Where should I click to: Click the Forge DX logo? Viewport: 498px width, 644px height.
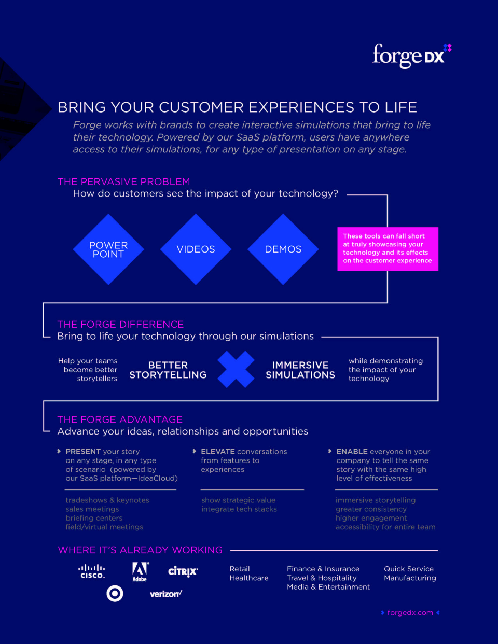(x=411, y=55)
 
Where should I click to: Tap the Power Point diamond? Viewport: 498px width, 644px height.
(x=108, y=249)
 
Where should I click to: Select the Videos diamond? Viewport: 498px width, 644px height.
(x=196, y=249)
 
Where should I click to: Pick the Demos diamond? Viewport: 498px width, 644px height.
(x=283, y=249)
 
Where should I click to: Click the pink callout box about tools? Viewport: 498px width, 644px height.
(x=388, y=249)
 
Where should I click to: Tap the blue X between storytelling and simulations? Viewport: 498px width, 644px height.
(x=236, y=369)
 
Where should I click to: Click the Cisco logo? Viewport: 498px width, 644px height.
(x=92, y=571)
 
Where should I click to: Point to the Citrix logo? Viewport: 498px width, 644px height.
(x=183, y=571)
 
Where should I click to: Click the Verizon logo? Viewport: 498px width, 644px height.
(x=166, y=594)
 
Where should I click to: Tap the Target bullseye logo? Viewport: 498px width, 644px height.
(x=115, y=593)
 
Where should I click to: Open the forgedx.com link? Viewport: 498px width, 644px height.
(x=410, y=613)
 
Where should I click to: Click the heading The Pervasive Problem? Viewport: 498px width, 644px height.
(x=123, y=181)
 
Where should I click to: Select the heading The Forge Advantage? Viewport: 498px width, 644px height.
(x=120, y=419)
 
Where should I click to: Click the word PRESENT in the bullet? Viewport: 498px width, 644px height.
(x=83, y=452)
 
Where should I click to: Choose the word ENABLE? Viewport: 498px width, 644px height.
(x=352, y=452)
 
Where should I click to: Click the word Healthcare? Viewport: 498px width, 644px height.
(x=249, y=578)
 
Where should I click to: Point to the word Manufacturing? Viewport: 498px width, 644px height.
(x=410, y=578)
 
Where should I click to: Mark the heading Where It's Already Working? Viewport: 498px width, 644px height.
(x=140, y=550)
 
